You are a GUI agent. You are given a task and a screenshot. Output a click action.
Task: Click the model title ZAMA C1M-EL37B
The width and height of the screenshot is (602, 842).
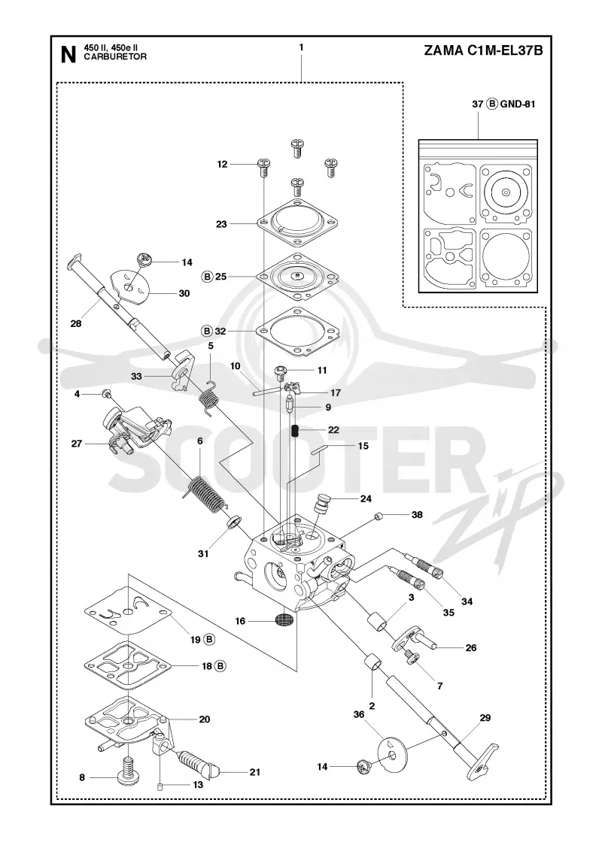483,51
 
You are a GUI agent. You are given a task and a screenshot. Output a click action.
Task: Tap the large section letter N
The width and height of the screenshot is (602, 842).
68,55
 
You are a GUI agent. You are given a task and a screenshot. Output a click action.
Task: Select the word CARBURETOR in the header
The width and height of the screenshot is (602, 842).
115,57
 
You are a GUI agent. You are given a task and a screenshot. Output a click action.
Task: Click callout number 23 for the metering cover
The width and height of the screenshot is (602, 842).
221,224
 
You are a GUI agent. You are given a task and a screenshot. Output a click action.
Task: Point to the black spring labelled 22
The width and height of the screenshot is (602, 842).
295,431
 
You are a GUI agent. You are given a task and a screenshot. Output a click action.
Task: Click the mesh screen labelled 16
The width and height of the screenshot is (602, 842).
283,619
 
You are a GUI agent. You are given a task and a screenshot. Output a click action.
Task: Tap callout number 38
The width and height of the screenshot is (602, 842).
417,514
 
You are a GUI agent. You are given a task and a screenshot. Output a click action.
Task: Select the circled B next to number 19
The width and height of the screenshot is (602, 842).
210,639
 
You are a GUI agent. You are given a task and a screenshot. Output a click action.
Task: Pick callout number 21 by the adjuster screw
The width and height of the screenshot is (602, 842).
255,771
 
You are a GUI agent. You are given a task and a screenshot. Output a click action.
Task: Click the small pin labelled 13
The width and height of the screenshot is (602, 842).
160,786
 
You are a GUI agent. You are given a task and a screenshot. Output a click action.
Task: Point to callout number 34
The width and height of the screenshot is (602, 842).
467,601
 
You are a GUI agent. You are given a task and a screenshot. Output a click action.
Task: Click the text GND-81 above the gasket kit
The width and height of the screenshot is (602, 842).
518,104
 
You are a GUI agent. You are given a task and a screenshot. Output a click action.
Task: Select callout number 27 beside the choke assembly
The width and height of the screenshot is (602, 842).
77,444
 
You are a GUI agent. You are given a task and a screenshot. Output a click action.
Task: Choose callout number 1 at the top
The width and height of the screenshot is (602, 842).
301,47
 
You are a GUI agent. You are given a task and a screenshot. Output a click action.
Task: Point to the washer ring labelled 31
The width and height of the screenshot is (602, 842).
233,521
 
